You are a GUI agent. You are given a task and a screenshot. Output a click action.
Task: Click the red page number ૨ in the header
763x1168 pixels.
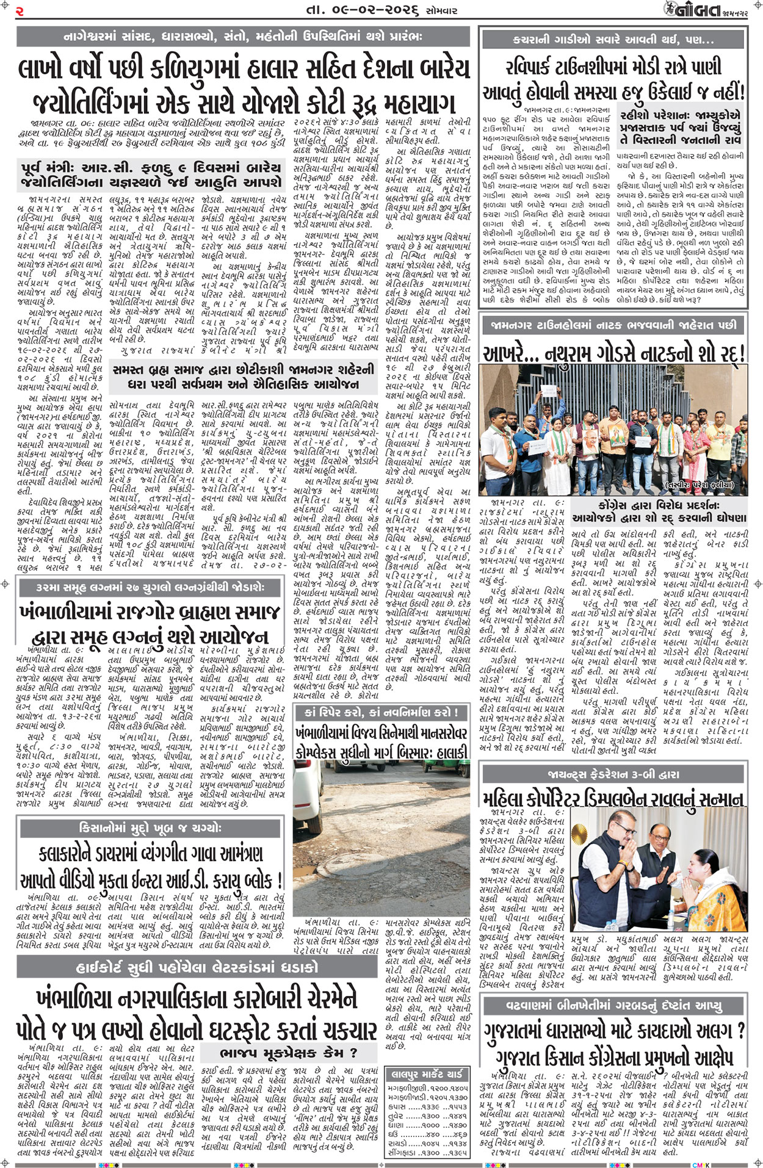[20, 10]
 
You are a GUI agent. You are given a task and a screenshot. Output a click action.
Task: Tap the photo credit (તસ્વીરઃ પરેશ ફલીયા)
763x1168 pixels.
[700, 486]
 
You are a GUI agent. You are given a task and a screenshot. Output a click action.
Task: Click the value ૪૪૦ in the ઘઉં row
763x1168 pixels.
[432, 1133]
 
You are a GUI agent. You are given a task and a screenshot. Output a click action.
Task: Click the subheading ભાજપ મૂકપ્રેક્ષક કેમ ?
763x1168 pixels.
[288, 1051]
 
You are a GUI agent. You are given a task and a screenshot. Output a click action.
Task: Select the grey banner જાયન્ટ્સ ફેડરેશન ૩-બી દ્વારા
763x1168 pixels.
[613, 774]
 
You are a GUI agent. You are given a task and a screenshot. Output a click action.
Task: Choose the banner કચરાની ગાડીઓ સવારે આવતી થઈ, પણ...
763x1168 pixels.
[613, 40]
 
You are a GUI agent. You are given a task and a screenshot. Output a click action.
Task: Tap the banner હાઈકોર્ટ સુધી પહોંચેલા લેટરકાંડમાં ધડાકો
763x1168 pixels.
[197, 967]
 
